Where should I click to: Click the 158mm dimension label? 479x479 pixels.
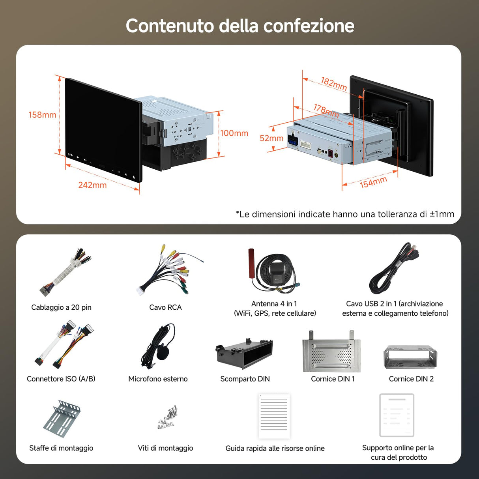point(42,115)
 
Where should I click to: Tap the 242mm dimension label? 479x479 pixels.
point(92,185)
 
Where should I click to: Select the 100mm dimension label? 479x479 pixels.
point(234,133)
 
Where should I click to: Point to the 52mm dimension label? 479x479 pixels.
point(271,138)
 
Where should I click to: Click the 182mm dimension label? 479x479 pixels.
point(333,84)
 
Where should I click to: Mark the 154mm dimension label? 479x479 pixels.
point(373,182)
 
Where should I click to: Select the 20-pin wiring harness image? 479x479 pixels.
point(65,272)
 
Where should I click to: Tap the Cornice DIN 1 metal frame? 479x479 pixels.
point(331,352)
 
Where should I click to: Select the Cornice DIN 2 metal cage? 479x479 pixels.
point(410,357)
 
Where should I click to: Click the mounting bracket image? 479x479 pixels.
point(62,419)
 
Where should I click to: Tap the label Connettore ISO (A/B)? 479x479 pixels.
point(61,379)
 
